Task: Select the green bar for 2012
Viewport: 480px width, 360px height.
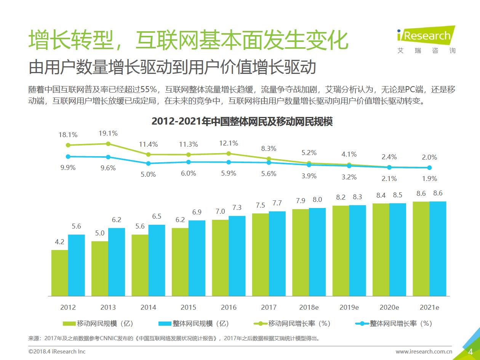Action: [59, 273]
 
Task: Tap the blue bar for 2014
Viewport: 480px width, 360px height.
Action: [157, 260]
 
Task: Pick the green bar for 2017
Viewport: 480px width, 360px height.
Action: [260, 254]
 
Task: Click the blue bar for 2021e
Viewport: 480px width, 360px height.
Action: [438, 248]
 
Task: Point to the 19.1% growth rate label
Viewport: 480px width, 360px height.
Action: [108, 133]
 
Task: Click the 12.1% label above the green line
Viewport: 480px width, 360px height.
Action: [229, 143]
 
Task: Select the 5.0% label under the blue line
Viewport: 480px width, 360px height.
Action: [148, 174]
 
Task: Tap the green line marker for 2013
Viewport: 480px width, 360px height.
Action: [108, 144]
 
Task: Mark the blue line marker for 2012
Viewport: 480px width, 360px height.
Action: [68, 156]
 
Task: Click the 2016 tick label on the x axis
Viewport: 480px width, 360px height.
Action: [229, 307]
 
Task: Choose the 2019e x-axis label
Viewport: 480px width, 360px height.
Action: [349, 307]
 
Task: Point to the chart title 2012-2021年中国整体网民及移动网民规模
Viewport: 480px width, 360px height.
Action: [242, 122]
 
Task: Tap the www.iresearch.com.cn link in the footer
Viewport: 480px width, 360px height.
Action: [424, 351]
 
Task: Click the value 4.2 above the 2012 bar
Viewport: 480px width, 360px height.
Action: [60, 242]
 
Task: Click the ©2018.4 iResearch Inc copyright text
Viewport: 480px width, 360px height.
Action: [57, 351]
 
